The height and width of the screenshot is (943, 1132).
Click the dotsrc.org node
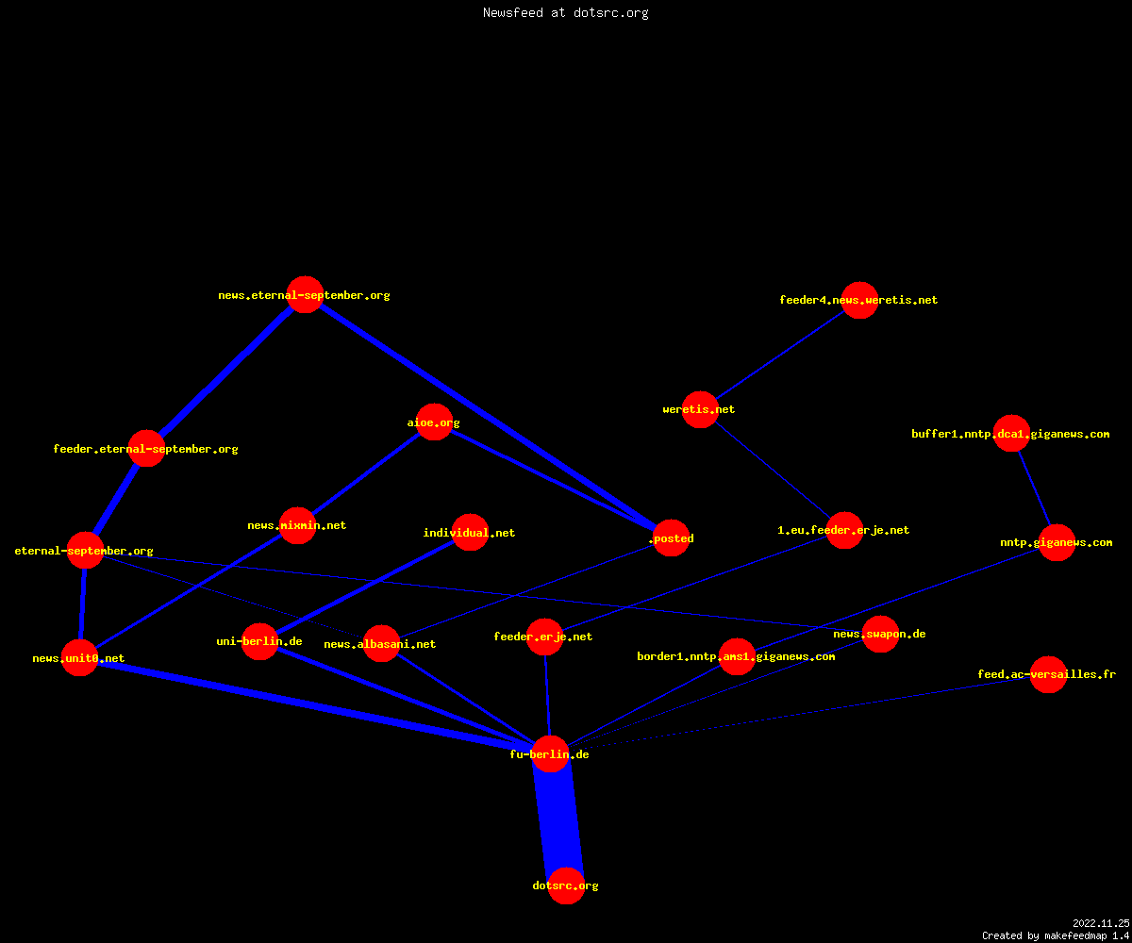[x=566, y=885]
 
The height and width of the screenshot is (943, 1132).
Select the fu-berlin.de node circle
[x=550, y=753]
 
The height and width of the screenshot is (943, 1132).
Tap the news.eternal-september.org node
[x=306, y=295]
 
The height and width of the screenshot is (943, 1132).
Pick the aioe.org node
[x=434, y=422]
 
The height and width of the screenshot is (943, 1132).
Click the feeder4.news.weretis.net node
[x=859, y=300]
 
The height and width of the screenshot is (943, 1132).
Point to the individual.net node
[x=470, y=532]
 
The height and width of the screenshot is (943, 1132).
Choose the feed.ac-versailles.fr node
[x=1048, y=675]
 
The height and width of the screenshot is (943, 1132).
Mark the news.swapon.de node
[x=880, y=634]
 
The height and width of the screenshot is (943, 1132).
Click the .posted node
[x=671, y=538]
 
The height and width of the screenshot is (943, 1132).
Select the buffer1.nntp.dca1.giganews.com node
[x=1011, y=434]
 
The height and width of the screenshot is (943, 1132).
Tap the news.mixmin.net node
[x=298, y=525]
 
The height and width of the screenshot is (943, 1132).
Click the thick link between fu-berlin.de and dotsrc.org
[x=558, y=819]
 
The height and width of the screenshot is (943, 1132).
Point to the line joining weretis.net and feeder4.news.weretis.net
[x=779, y=355]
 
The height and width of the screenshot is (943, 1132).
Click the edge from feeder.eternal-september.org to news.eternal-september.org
[x=226, y=372]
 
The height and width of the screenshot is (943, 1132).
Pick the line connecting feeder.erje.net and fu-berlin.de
[x=547, y=695]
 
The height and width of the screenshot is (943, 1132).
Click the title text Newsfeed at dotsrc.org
[x=565, y=12]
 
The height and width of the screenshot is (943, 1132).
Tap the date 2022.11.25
[x=1101, y=923]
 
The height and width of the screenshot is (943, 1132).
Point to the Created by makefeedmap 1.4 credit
[x=1056, y=936]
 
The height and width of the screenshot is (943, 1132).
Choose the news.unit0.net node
[x=79, y=658]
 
